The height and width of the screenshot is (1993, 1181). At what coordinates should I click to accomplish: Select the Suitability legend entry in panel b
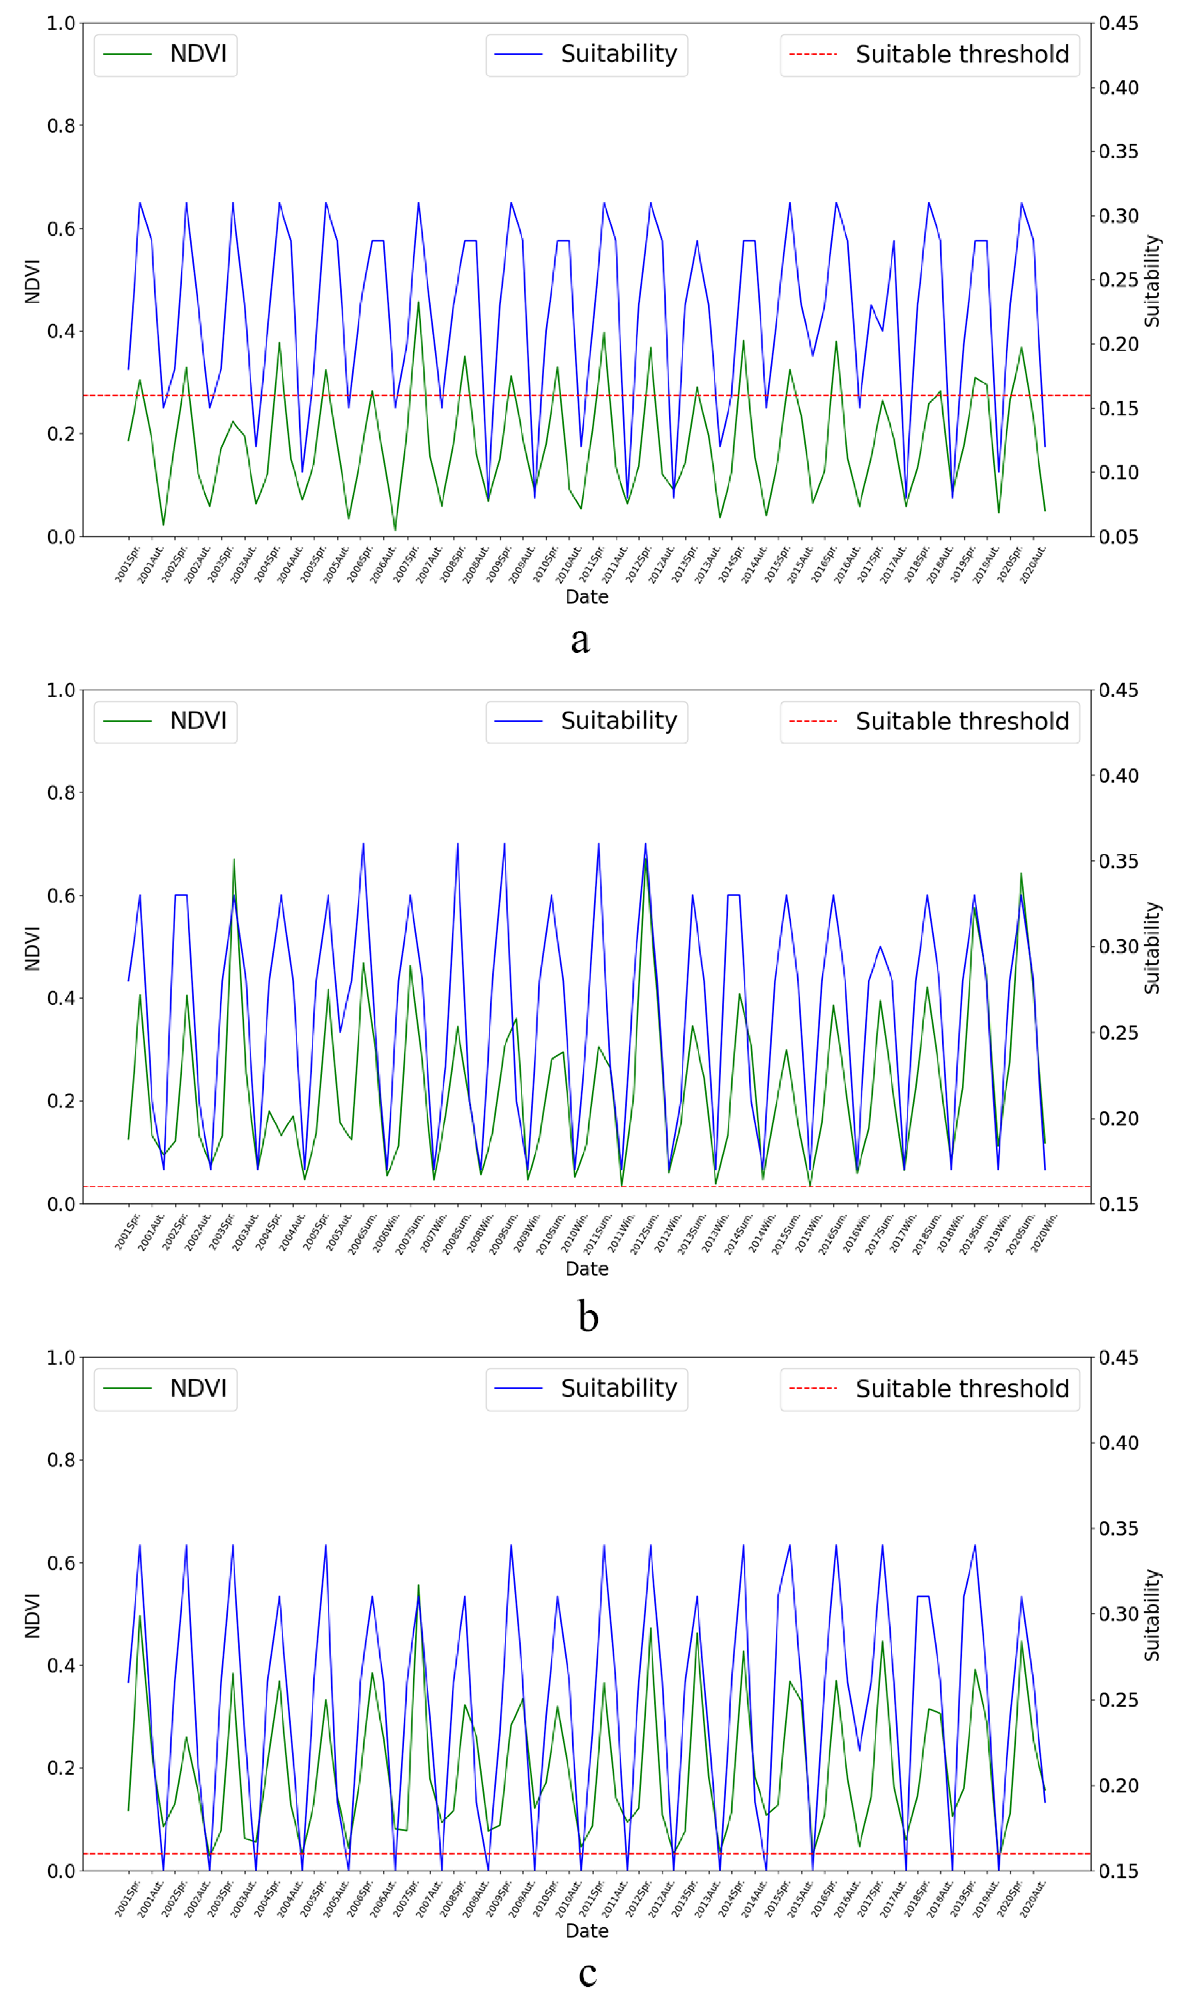(586, 721)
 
